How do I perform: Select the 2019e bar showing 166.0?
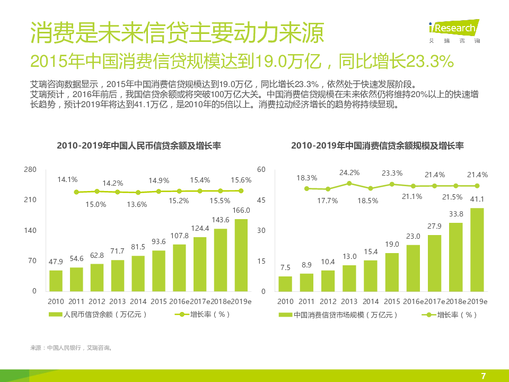(x=241, y=255)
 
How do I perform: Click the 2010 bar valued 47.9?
(x=56, y=280)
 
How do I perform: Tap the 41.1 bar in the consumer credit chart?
(x=477, y=249)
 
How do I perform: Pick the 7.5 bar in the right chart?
(x=285, y=283)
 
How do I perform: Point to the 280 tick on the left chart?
(x=30, y=169)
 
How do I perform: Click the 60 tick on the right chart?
(x=261, y=169)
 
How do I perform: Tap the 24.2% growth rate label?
(x=349, y=172)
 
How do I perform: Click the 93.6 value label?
(x=159, y=241)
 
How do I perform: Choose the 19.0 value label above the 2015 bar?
(x=392, y=244)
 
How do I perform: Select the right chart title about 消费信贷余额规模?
(x=377, y=145)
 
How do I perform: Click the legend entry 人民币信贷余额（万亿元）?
(x=98, y=314)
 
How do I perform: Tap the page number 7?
(x=483, y=376)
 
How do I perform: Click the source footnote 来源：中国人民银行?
(x=71, y=348)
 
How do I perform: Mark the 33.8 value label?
(x=456, y=214)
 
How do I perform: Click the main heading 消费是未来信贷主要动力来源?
(x=177, y=33)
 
